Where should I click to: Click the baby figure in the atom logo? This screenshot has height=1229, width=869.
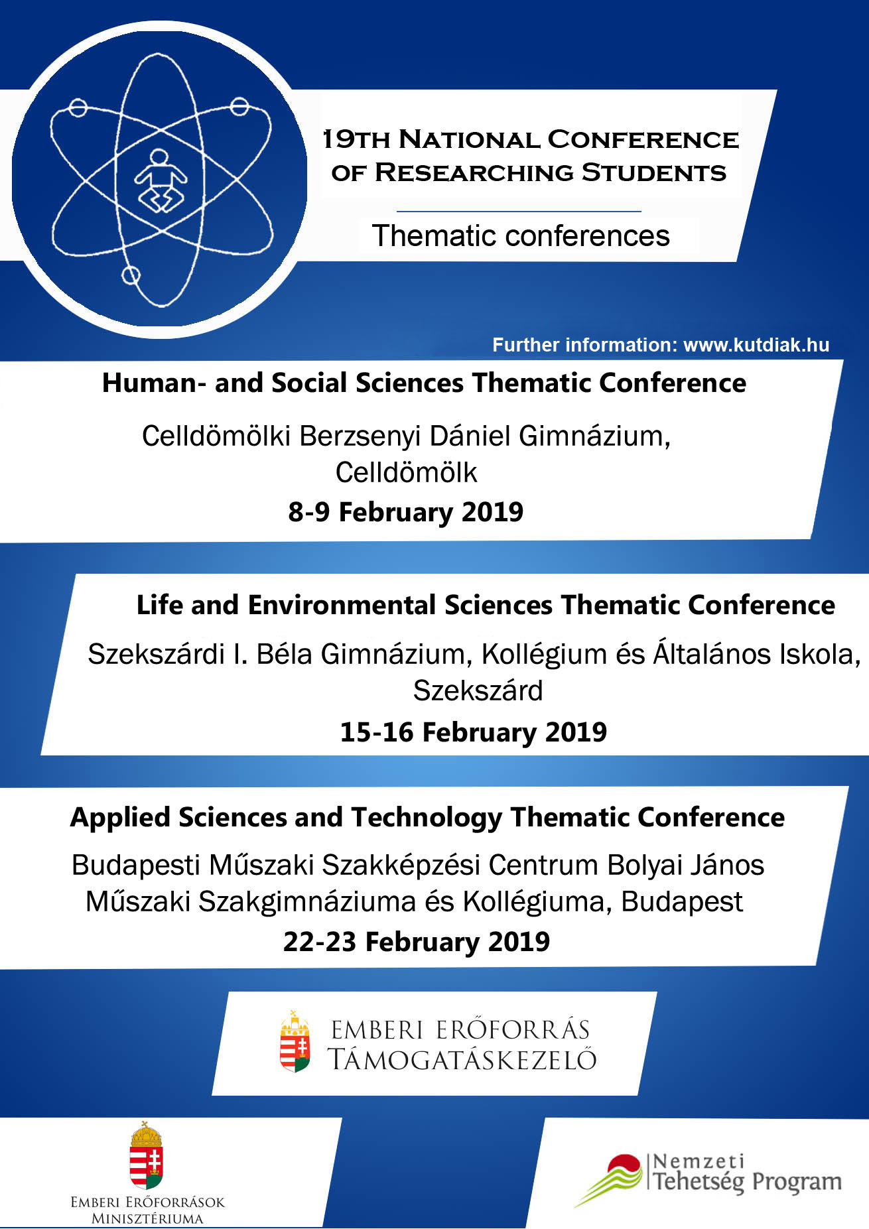point(161,180)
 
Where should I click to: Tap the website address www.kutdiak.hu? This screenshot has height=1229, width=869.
point(756,345)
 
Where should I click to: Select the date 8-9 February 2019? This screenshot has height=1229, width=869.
point(406,512)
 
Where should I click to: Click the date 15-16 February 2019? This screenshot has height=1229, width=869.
point(474,732)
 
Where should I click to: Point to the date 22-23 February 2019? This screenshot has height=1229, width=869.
point(417,942)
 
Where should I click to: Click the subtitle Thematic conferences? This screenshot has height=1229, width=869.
point(521,236)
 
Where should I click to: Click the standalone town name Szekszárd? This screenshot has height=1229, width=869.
point(478,691)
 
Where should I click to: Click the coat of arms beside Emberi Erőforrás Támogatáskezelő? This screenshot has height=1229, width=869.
point(295,1041)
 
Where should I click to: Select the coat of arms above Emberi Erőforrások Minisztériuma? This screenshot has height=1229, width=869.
point(147,1155)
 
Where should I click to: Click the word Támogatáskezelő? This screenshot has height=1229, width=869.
point(462,1060)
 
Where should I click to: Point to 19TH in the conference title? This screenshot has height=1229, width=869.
point(356,139)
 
